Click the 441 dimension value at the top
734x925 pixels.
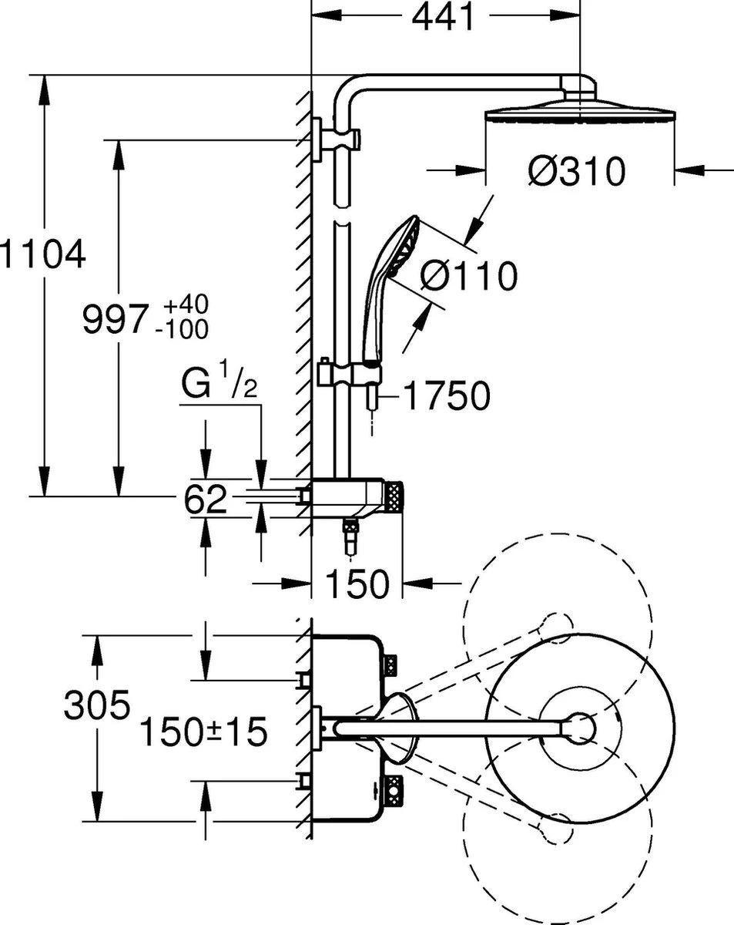pyautogui.click(x=443, y=17)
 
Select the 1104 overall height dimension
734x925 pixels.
pyautogui.click(x=42, y=254)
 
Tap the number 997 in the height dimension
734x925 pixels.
pyautogui.click(x=114, y=318)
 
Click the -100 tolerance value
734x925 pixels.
pyautogui.click(x=181, y=329)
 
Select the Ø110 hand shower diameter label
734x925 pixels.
pyautogui.click(x=469, y=275)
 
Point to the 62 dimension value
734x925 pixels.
pyautogui.click(x=206, y=499)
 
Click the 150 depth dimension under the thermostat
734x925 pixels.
pyautogui.click(x=357, y=585)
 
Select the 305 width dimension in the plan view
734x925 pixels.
pyautogui.click(x=96, y=705)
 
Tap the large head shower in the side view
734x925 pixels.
pyautogui.click(x=579, y=112)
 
